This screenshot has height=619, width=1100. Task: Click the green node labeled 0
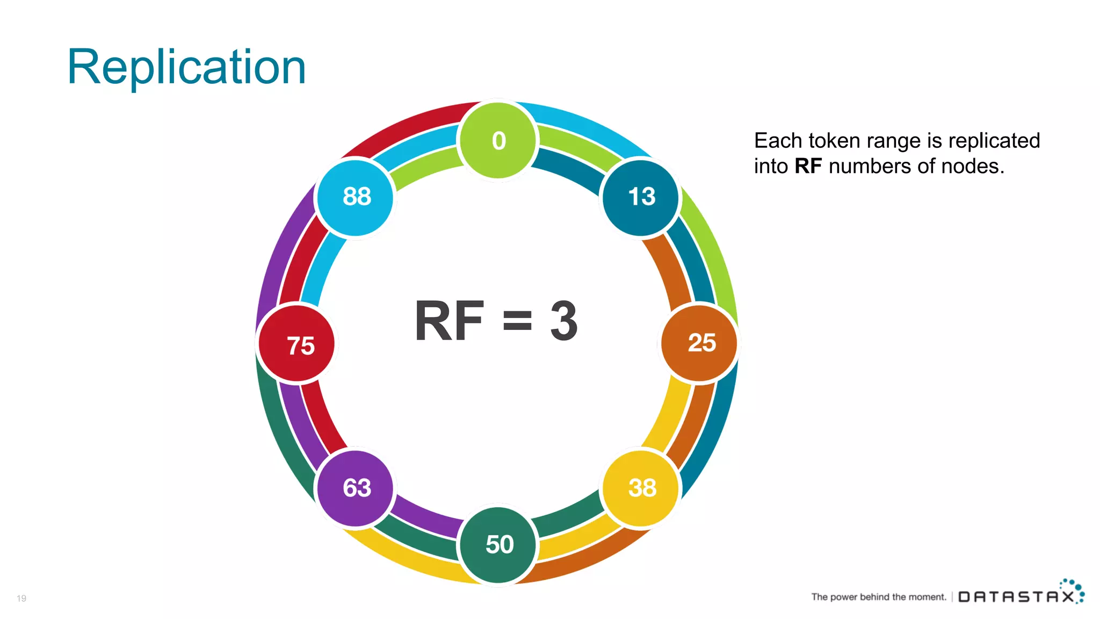[498, 141]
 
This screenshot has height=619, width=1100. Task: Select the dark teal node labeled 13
[641, 197]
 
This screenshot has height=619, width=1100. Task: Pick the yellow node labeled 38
[641, 488]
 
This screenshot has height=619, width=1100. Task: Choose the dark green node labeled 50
[498, 544]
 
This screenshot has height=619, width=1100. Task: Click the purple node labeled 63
[356, 488]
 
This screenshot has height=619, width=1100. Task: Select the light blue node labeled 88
[356, 197]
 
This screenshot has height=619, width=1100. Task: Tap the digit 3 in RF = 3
[564, 321]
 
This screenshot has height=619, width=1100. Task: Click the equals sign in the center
[517, 321]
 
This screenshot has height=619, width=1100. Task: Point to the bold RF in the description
[808, 167]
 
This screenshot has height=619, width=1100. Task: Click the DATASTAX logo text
[1015, 597]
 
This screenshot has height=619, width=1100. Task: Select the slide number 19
[21, 598]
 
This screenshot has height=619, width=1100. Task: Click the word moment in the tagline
[928, 597]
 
